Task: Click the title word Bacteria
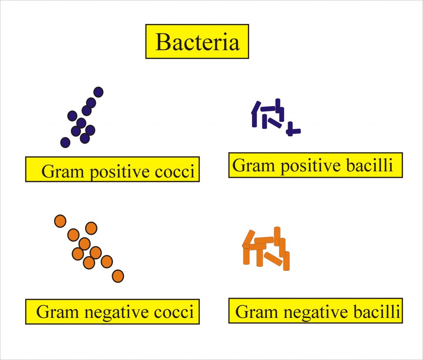click(197, 42)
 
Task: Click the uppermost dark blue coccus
click(98, 92)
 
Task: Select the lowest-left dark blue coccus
click(65, 142)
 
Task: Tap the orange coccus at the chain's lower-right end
click(118, 276)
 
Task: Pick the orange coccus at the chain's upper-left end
click(60, 221)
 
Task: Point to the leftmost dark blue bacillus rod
click(255, 115)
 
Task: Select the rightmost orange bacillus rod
click(286, 261)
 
